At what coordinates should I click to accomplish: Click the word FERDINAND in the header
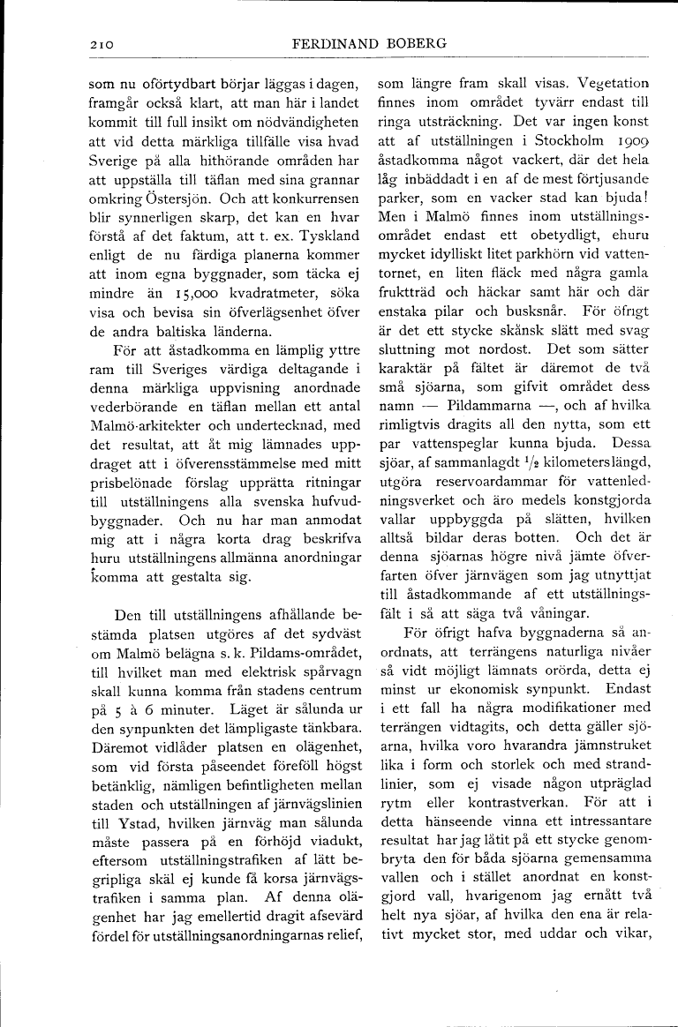tap(333, 42)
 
